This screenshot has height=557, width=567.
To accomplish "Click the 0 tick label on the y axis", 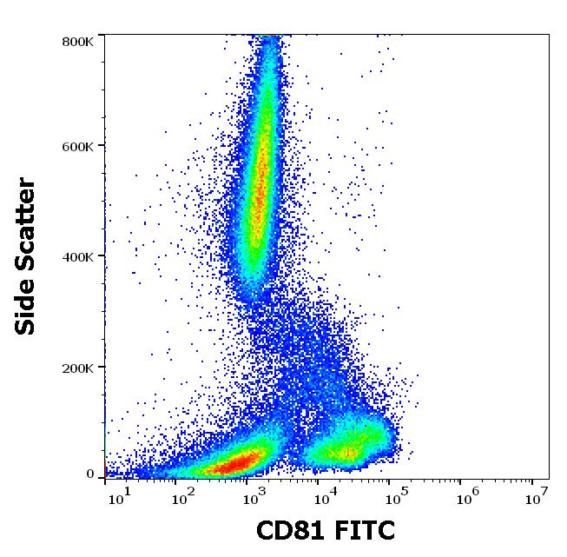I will pyautogui.click(x=90, y=474).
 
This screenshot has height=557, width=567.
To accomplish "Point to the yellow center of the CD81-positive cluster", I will pyautogui.click(x=347, y=452).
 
